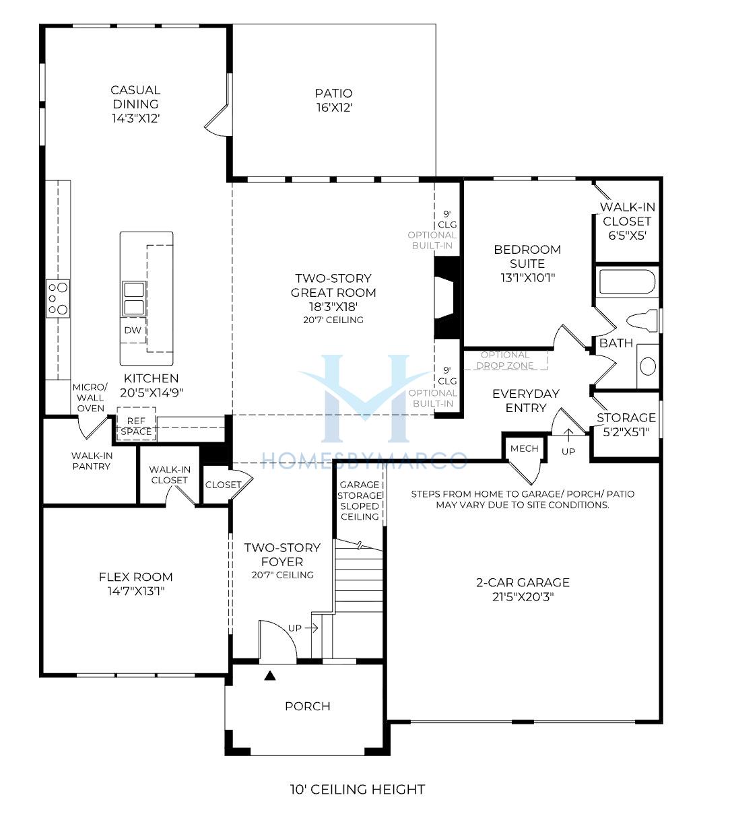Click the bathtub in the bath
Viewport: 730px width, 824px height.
coord(627,281)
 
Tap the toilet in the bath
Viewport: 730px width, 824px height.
coord(642,320)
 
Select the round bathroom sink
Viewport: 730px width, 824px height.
coord(647,366)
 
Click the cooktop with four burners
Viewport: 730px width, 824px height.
coord(57,298)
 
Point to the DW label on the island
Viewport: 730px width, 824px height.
coord(133,331)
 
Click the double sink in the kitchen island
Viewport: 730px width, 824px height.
coord(134,298)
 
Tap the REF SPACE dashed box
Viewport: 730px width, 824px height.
coord(136,423)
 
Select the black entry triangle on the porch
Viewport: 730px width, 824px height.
coord(270,675)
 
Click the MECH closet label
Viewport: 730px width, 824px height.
coord(524,448)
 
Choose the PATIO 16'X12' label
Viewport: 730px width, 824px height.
coord(333,100)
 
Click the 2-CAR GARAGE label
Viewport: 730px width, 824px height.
coord(523,590)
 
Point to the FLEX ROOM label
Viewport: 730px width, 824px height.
coord(135,584)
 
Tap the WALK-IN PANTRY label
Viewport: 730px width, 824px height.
coord(92,460)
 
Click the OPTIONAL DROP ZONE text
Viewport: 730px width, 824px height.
coord(504,360)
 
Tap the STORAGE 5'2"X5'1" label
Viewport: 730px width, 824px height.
coord(626,425)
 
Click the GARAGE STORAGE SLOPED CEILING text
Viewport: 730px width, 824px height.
coord(360,501)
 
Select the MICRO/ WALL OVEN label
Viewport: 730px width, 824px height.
coord(90,397)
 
